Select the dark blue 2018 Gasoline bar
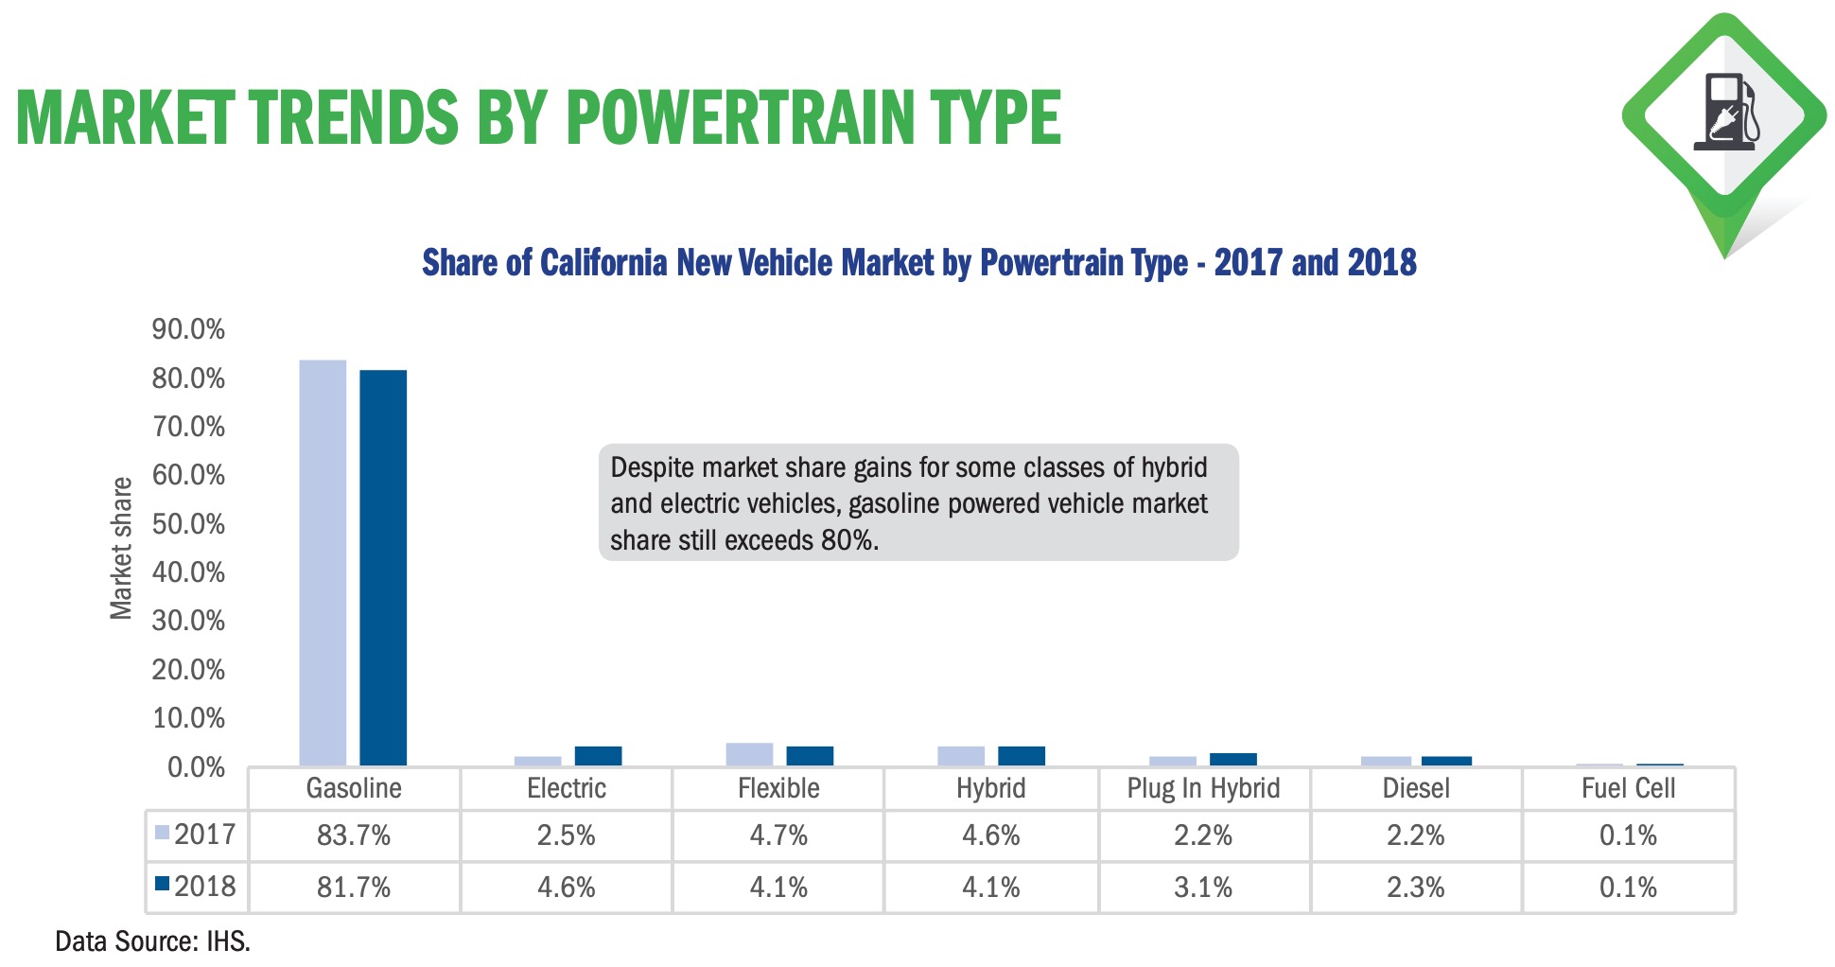(383, 568)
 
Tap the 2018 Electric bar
(598, 756)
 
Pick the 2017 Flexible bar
(749, 754)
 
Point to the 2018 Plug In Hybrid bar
(1232, 759)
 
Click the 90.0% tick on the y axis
(188, 329)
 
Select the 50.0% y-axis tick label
(188, 524)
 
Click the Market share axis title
(121, 549)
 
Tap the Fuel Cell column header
(1628, 788)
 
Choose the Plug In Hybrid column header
(1203, 788)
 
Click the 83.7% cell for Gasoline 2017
(354, 835)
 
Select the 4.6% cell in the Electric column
(566, 888)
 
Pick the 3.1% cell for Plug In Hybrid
(1203, 888)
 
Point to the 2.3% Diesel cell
(1415, 888)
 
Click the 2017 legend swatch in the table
(162, 833)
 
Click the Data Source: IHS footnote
(152, 941)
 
